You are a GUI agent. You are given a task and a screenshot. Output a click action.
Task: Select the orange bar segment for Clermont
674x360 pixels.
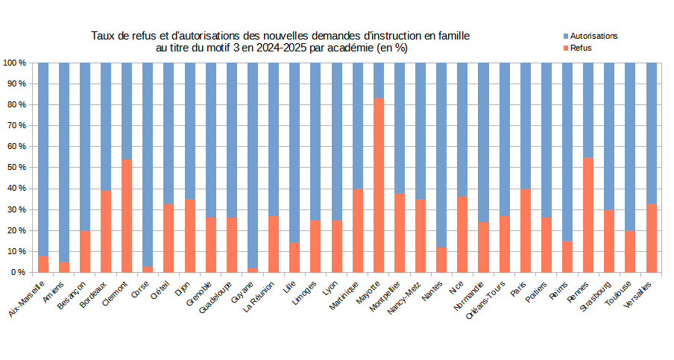coord(127,215)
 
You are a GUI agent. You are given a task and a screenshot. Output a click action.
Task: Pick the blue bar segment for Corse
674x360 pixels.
coord(148,164)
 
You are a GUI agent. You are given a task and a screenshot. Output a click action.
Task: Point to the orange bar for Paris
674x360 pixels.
coord(526,230)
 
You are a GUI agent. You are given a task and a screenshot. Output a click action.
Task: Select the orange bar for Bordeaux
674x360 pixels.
coord(106,231)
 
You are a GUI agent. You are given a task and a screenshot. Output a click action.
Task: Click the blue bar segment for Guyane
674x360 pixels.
coord(253,165)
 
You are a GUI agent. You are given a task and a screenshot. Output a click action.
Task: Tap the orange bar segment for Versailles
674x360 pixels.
coord(652,238)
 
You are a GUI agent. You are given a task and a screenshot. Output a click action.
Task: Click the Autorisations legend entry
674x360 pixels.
coord(593,36)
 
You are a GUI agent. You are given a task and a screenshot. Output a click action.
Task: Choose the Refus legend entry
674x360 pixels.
coord(581,47)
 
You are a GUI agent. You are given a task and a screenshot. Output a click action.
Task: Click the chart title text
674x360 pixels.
coord(281,42)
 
